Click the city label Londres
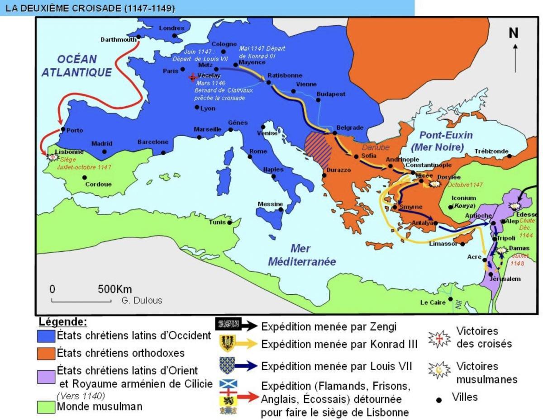(171, 28)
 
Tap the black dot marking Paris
(182, 69)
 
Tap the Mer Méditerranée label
(301, 255)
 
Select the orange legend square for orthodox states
(46, 352)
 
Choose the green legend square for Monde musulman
(46, 406)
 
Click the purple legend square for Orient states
(46, 375)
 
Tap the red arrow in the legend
(248, 396)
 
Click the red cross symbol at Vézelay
(192, 77)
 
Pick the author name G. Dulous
(142, 300)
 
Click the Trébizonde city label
(491, 151)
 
